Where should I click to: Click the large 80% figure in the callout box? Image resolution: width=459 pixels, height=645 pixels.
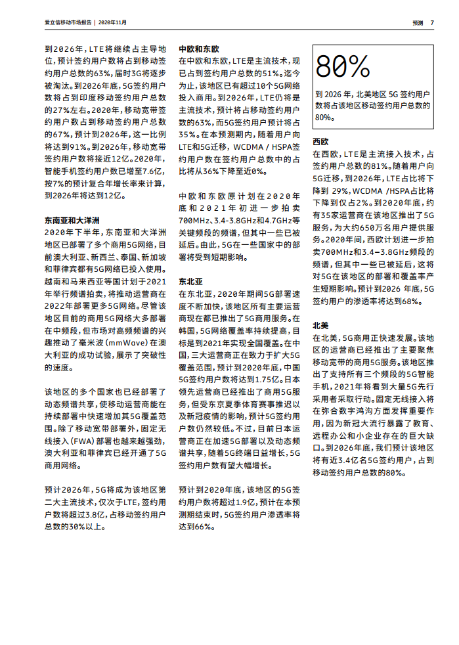pyautogui.click(x=343, y=67)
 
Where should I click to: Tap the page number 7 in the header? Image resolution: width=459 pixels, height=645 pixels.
pyautogui.click(x=432, y=22)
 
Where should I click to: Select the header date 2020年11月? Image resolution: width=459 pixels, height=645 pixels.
pyautogui.click(x=113, y=22)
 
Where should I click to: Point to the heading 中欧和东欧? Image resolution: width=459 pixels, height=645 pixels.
pyautogui.click(x=199, y=49)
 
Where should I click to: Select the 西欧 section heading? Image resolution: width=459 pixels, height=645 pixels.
pyautogui.click(x=320, y=141)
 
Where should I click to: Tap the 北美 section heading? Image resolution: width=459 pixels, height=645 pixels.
pyautogui.click(x=320, y=325)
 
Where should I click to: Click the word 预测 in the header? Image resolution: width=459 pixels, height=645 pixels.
pyautogui.click(x=418, y=22)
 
